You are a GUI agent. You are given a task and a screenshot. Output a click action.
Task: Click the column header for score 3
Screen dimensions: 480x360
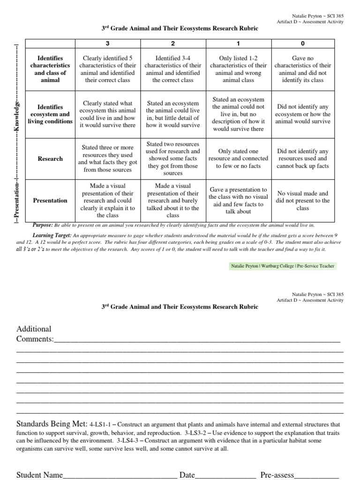point(108,43)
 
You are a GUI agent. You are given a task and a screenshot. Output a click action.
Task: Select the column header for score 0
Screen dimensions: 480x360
point(302,43)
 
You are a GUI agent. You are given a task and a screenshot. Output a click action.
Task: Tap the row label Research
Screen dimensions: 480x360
point(50,159)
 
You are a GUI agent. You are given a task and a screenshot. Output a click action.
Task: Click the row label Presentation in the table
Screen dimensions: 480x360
point(50,201)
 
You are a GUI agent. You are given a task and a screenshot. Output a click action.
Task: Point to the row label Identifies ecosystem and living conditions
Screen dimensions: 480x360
point(50,114)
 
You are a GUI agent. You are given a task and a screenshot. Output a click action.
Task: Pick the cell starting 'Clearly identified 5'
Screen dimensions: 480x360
point(108,69)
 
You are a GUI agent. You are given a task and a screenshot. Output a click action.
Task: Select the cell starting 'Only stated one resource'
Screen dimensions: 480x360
point(238,159)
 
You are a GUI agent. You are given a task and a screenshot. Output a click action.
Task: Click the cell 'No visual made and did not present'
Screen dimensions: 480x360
point(302,201)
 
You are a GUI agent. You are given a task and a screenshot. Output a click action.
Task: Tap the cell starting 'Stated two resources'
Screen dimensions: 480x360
point(173,159)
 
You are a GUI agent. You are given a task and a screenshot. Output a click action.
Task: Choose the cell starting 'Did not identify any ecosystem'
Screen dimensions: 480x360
point(302,114)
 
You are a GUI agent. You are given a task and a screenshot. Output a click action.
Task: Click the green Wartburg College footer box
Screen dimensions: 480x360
point(282,266)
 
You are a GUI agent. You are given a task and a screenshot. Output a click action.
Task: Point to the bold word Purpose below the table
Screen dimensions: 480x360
point(42,225)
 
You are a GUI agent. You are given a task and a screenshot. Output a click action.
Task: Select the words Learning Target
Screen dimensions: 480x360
point(52,234)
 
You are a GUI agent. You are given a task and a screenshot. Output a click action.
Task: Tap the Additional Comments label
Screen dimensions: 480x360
point(35,334)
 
